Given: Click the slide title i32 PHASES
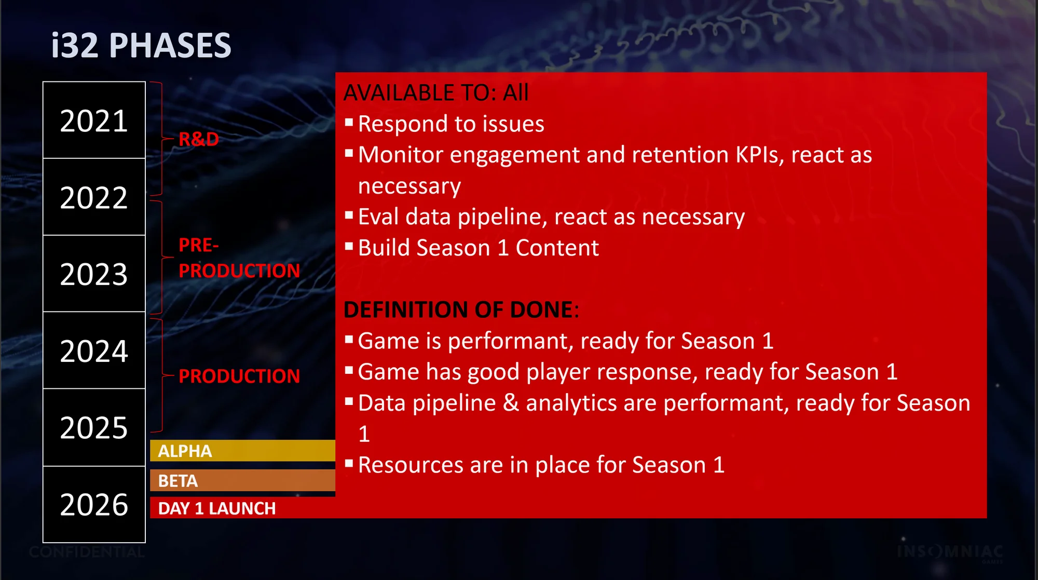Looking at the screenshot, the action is (x=141, y=45).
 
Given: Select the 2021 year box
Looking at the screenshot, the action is (x=94, y=120).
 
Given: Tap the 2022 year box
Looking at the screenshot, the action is (x=94, y=197).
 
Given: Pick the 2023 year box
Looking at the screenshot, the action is (x=94, y=274).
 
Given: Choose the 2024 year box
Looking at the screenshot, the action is (x=94, y=350).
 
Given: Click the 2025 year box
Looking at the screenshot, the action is (x=94, y=427).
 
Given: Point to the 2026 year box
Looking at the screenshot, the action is (x=94, y=504).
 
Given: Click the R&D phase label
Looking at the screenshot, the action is (x=199, y=139).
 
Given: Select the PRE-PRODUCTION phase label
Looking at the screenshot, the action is (x=239, y=258).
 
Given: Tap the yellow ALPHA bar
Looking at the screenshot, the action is (x=242, y=451).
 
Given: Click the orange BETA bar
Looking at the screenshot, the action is (x=242, y=480).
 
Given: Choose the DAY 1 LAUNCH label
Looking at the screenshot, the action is (x=217, y=508).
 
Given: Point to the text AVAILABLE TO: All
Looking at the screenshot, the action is (x=436, y=93).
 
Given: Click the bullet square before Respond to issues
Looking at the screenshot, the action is (x=349, y=123).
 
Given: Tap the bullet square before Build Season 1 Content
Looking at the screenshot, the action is (x=349, y=246).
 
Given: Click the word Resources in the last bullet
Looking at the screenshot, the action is (x=411, y=465).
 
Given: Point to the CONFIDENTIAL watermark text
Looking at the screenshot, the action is (x=87, y=552).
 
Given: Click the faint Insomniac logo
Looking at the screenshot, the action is (x=950, y=552).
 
